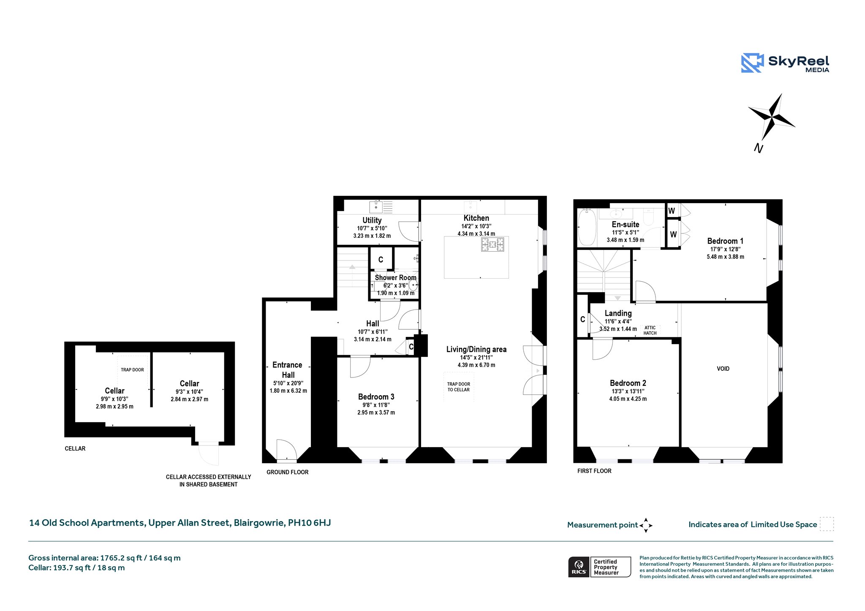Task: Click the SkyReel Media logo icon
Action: pyautogui.click(x=752, y=63)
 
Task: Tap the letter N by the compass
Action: pyautogui.click(x=759, y=148)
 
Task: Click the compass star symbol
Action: pyautogui.click(x=772, y=117)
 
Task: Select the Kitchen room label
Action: pyautogui.click(x=476, y=218)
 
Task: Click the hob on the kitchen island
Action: pyautogui.click(x=492, y=244)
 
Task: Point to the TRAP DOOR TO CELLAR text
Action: pyautogui.click(x=459, y=387)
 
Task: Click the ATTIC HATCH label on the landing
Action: pyautogui.click(x=650, y=330)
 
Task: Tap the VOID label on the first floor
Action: pyautogui.click(x=723, y=369)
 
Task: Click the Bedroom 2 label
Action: pyautogui.click(x=628, y=383)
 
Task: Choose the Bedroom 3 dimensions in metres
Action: pyautogui.click(x=376, y=413)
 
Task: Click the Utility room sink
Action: pyautogui.click(x=376, y=207)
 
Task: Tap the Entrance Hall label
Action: pyautogui.click(x=288, y=370)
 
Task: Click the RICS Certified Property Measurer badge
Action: pyautogui.click(x=600, y=567)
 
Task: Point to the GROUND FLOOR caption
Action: pyautogui.click(x=288, y=472)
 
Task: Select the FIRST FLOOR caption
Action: pyautogui.click(x=594, y=471)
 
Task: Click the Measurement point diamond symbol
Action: pyautogui.click(x=646, y=525)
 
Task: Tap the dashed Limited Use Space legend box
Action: pyautogui.click(x=827, y=524)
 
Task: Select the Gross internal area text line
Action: pyautogui.click(x=104, y=558)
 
